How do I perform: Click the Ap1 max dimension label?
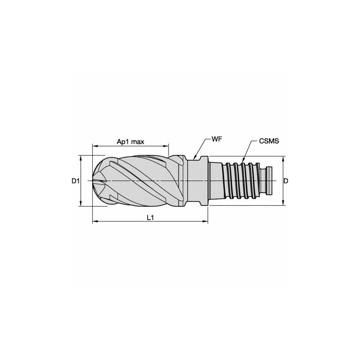130,141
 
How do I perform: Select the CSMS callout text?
269,141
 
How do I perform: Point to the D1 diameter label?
75,181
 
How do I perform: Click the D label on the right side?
286,181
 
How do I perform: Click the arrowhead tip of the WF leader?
194,159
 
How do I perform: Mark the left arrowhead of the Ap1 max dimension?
93,145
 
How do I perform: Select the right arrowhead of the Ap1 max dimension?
168,145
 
